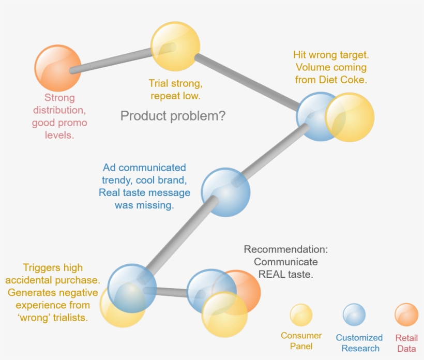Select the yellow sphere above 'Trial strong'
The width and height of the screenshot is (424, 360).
tap(175, 47)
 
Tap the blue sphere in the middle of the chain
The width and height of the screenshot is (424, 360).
tap(225, 192)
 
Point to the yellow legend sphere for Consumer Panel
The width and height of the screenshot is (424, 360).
tap(301, 315)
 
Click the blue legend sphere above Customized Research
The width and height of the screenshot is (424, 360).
tap(354, 315)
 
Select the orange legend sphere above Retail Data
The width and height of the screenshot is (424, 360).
tap(406, 315)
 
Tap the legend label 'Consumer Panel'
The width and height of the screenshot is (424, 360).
tap(301, 341)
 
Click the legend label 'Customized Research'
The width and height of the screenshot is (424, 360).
tap(359, 343)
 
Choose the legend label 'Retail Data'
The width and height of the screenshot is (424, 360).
tap(406, 343)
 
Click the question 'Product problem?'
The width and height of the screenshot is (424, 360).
tap(173, 116)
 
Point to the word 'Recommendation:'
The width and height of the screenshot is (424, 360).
tap(285, 250)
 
